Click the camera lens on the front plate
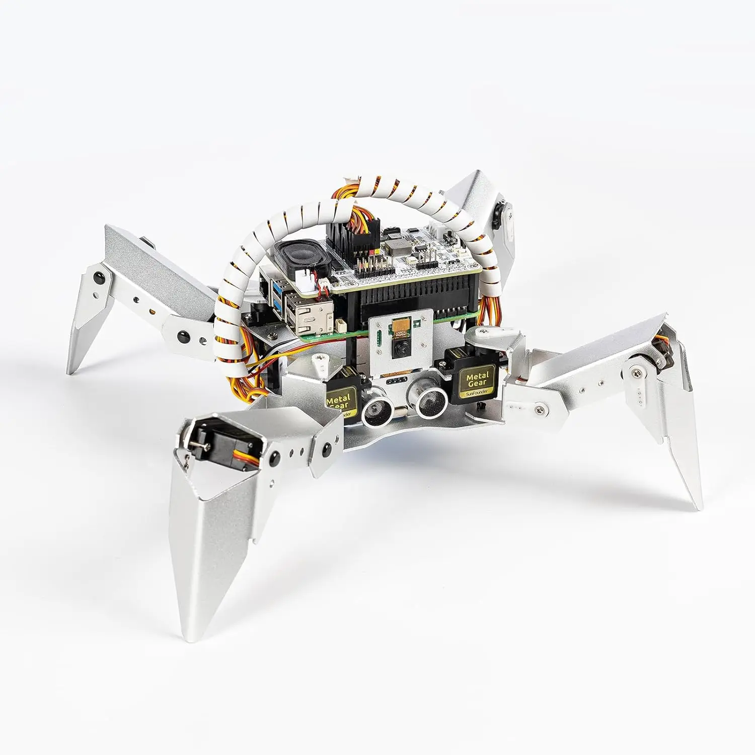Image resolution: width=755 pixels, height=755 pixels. tap(401, 347)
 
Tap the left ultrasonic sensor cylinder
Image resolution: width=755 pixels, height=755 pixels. tap(375, 406)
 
